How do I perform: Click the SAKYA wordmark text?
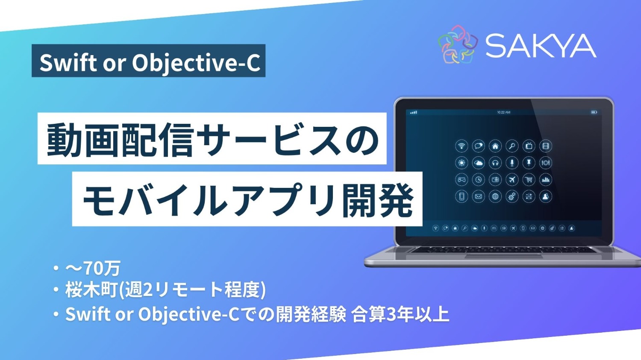(541, 46)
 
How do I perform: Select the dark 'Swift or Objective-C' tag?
(148, 61)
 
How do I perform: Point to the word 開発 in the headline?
(378, 199)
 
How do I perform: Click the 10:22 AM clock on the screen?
(503, 112)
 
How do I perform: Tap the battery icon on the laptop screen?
(594, 112)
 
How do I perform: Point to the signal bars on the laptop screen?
(413, 112)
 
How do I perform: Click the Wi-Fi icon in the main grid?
(462, 146)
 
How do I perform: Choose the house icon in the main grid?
(495, 146)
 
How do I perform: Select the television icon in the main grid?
(529, 146)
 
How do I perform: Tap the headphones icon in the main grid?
(495, 163)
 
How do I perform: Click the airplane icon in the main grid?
(512, 180)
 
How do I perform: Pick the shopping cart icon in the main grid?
(529, 180)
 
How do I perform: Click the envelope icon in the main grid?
(478, 196)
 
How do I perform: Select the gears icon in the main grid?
(512, 196)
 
